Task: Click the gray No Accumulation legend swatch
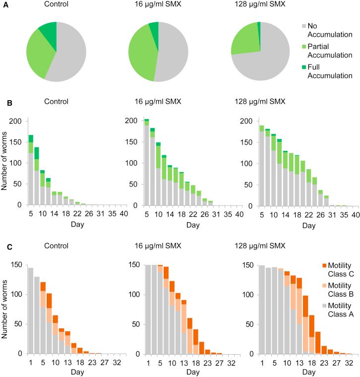pos(305,25)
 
